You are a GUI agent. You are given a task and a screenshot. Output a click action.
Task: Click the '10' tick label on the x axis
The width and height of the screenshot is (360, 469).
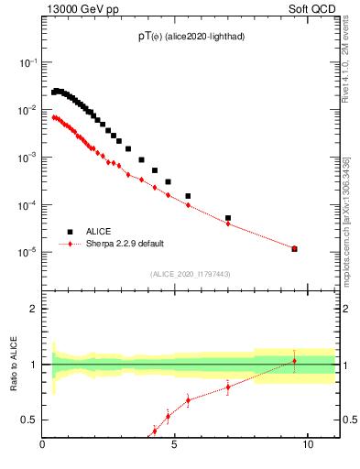307,446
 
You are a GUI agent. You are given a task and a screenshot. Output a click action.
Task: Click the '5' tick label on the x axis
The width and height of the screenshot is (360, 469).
175,446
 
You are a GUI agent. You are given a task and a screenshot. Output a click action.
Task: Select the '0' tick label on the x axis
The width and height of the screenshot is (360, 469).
43,446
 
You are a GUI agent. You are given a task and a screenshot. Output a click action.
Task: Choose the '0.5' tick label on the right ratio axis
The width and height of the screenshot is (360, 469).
349,420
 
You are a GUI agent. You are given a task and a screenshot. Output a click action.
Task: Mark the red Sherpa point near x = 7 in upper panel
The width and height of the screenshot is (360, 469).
228,224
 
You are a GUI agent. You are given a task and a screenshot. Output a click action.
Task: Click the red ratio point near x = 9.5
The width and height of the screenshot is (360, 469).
294,361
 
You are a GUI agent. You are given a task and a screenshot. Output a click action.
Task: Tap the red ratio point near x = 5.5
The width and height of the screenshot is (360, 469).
188,400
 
